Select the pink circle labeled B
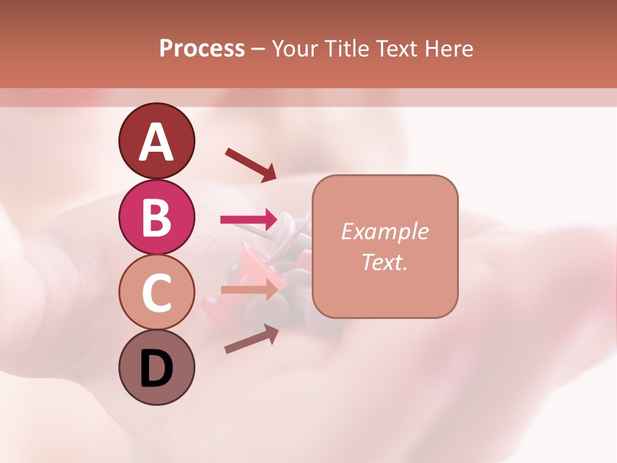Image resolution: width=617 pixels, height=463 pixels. (x=156, y=217)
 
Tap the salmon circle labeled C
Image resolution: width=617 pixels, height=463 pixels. (x=156, y=293)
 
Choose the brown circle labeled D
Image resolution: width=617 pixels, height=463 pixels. (x=156, y=368)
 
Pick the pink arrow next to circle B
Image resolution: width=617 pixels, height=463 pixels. (x=249, y=220)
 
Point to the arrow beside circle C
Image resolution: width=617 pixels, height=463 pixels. (x=249, y=290)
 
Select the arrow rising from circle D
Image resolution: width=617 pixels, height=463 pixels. (x=251, y=338)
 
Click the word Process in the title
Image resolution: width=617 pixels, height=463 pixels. (x=202, y=49)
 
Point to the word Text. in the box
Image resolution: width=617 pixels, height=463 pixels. (x=384, y=262)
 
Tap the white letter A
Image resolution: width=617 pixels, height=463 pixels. (x=156, y=141)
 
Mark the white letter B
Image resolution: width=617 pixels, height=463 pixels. (x=156, y=217)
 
